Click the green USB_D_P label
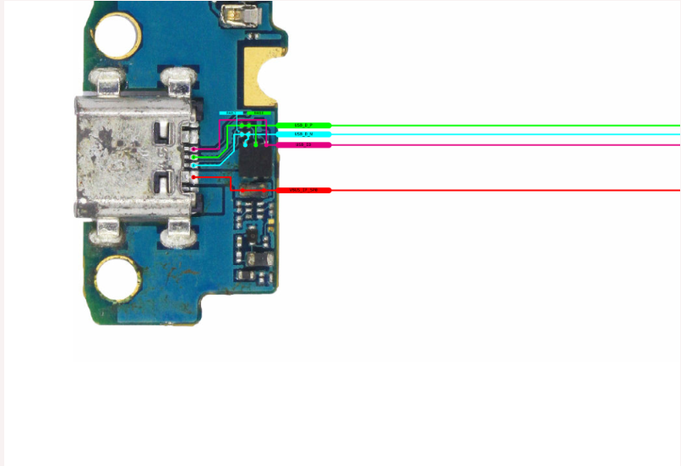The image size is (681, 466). tap(303, 125)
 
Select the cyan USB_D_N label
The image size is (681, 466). tap(303, 134)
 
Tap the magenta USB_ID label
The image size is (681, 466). tap(303, 145)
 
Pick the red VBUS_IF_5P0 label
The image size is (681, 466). tap(303, 191)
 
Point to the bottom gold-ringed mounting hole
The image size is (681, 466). tap(117, 279)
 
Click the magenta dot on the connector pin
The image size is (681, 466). tap(194, 149)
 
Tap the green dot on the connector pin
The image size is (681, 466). tap(194, 157)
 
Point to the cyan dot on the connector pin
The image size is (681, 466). tap(194, 165)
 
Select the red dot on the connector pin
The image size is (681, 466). tap(194, 177)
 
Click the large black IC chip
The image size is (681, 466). tap(254, 160)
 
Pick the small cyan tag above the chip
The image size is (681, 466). tap(231, 112)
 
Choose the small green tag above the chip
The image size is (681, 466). tap(260, 112)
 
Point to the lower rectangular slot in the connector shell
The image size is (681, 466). tap(164, 180)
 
